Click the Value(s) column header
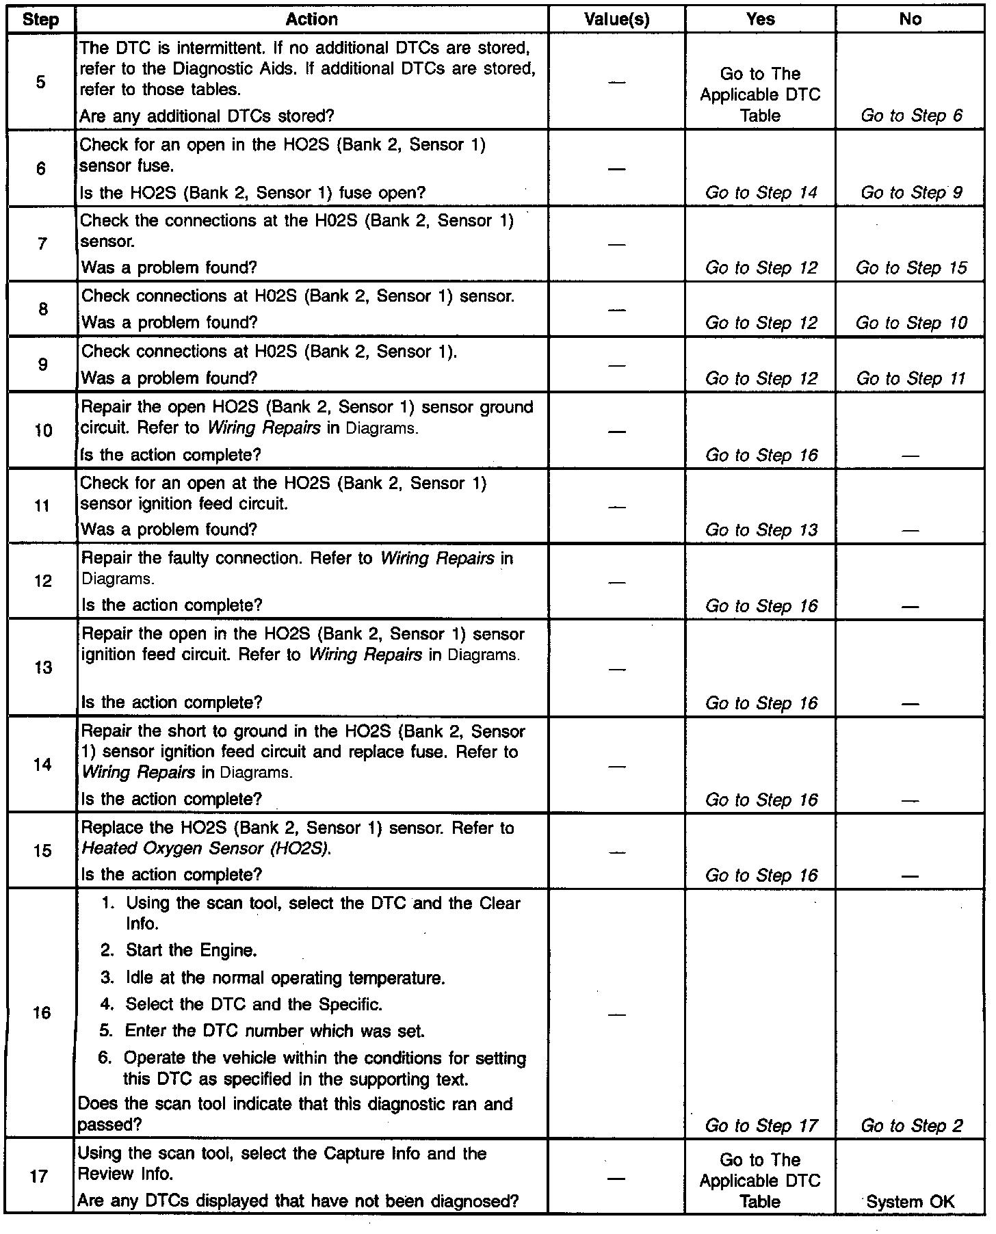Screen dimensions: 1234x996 tap(616, 19)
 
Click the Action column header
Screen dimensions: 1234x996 tap(311, 19)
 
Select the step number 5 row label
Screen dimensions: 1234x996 tap(40, 82)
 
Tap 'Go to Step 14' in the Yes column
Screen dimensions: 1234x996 tap(761, 193)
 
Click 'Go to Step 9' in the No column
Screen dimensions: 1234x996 tap(911, 193)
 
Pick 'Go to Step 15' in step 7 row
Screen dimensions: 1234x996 tap(911, 268)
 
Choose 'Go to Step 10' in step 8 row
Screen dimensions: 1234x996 tap(911, 323)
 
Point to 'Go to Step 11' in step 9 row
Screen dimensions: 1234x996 tap(911, 378)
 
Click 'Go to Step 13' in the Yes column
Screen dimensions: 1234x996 tap(761, 530)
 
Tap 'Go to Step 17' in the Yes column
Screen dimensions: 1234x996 tap(761, 1125)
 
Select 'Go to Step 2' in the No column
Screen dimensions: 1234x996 tap(911, 1125)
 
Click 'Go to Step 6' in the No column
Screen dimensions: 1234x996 tap(911, 116)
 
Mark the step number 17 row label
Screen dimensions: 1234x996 tap(40, 1177)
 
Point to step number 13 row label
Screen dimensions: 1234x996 tap(42, 668)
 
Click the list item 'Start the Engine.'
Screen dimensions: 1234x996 tap(191, 950)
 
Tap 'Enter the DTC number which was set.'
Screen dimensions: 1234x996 tap(274, 1031)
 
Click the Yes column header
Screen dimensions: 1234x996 tap(760, 19)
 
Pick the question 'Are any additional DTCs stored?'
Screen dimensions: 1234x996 tap(207, 116)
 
